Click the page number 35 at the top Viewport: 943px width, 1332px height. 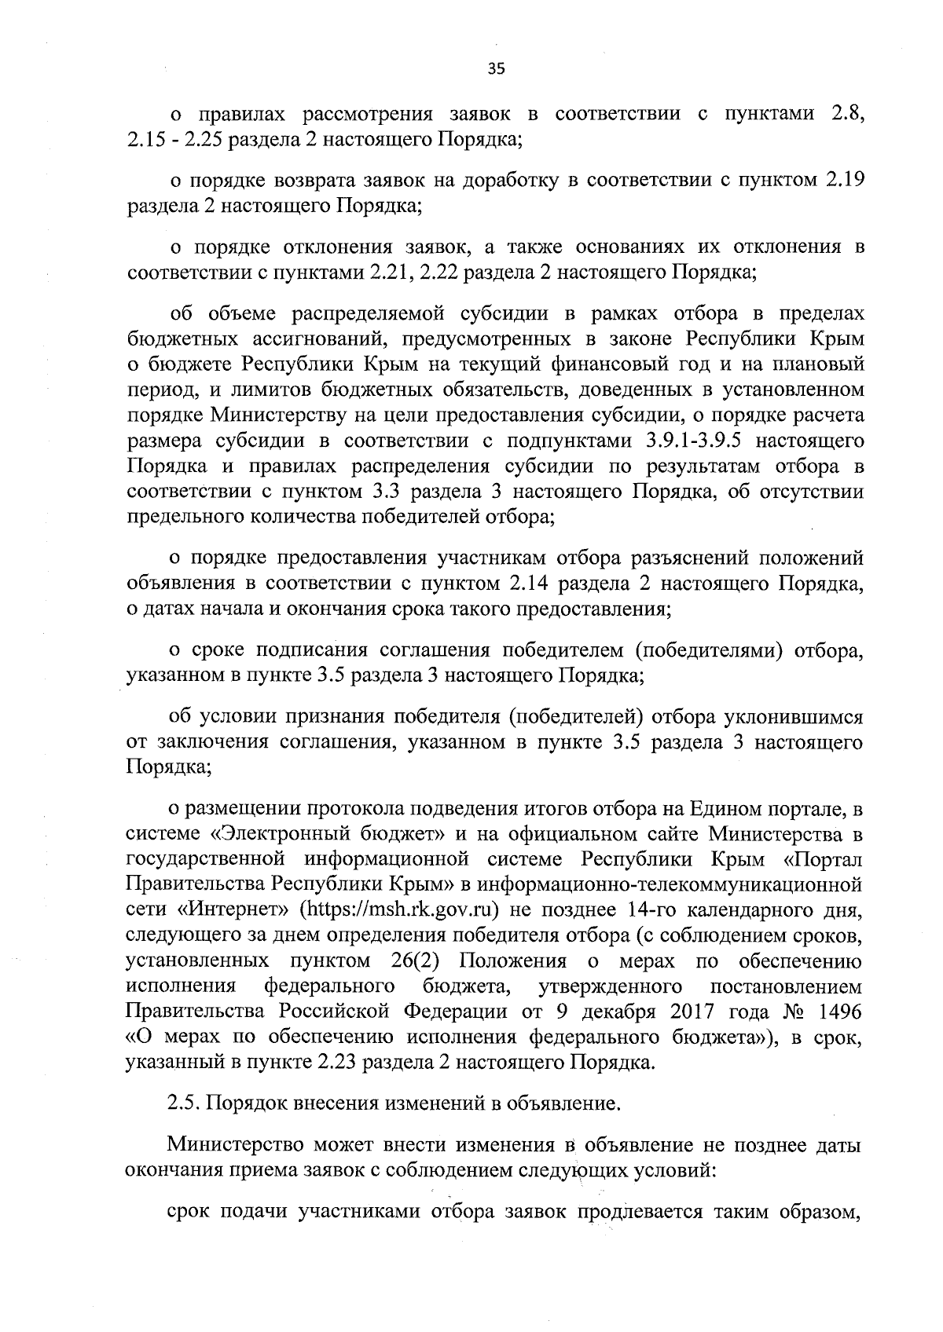coord(496,68)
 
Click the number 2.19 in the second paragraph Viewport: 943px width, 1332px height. coord(845,181)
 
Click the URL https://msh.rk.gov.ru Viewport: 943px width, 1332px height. coord(413,911)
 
